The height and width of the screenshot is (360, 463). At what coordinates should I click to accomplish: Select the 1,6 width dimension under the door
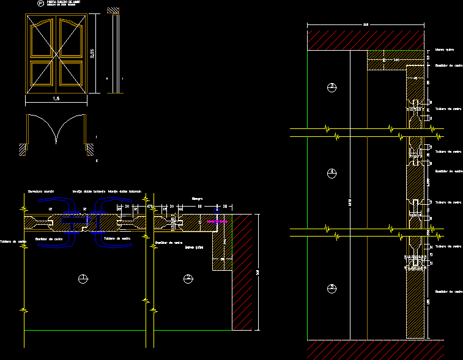click(56, 98)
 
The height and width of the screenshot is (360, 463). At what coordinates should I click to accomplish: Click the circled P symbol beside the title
click(41, 4)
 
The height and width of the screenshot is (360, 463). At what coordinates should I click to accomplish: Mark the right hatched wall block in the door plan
click(89, 148)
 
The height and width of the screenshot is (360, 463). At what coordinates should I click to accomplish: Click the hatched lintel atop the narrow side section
click(113, 11)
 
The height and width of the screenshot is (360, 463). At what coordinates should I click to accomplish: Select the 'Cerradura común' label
click(41, 191)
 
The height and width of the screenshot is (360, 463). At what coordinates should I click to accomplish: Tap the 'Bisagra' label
click(196, 199)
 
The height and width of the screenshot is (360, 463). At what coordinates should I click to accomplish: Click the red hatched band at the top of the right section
click(365, 40)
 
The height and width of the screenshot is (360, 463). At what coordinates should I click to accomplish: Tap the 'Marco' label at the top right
click(444, 50)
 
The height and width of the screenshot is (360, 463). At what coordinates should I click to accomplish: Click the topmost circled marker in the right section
click(331, 87)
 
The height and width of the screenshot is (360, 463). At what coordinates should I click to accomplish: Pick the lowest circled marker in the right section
click(331, 287)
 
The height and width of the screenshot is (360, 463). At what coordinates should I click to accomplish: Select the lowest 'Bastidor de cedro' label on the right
click(448, 292)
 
